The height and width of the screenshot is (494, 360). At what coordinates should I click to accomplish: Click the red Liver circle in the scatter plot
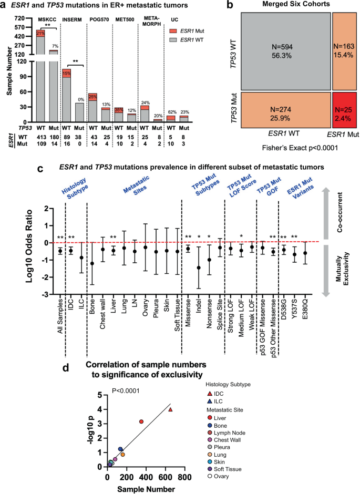[x=141, y=421]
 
